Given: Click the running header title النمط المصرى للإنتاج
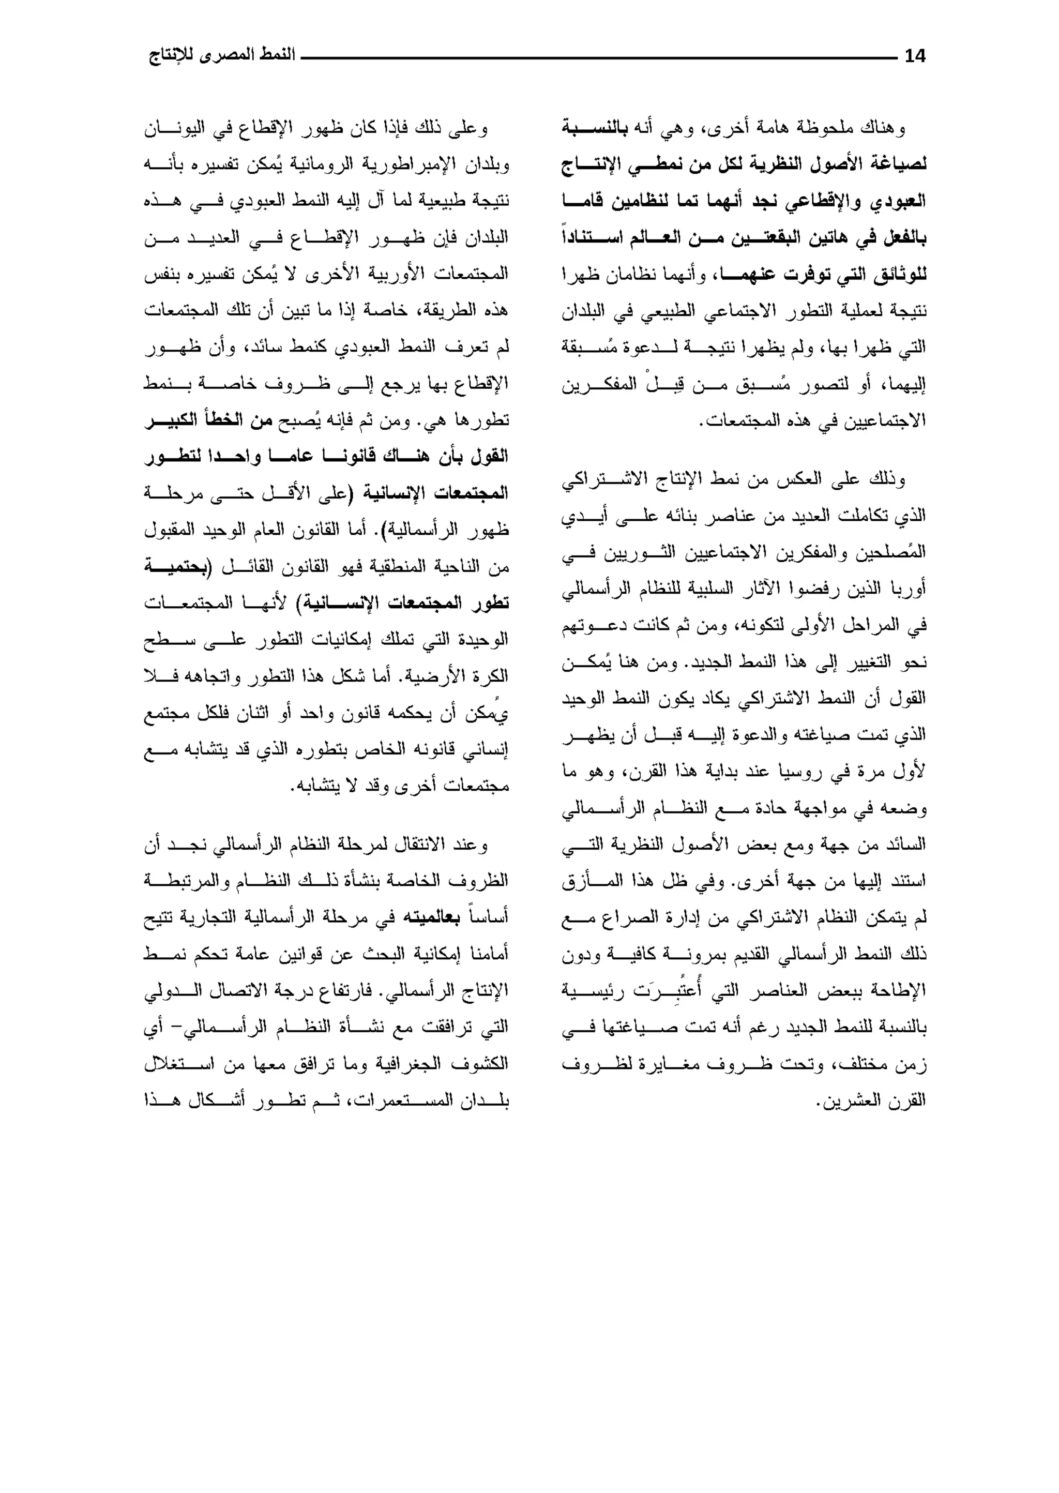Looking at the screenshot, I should coord(222,55).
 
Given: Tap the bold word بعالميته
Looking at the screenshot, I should coord(430,918).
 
